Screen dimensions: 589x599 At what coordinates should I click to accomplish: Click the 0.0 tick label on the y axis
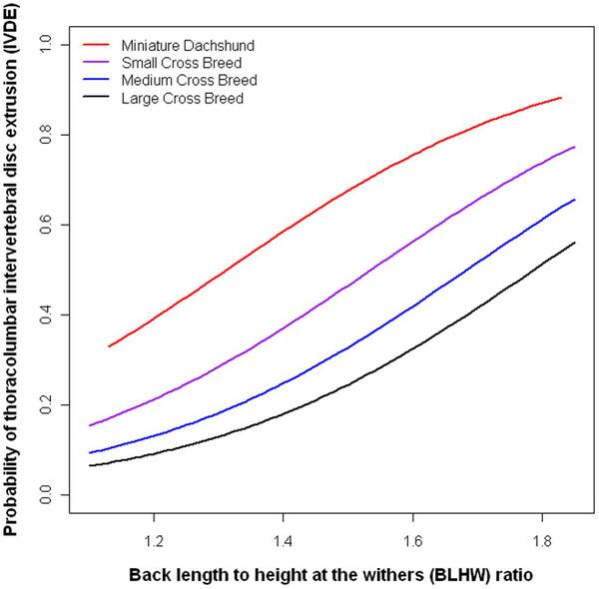tap(45, 495)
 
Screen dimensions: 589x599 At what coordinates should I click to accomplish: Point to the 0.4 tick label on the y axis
tap(45, 314)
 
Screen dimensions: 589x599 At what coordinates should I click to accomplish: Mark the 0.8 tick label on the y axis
tap(45, 135)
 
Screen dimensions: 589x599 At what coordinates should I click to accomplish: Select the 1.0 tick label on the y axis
tap(45, 45)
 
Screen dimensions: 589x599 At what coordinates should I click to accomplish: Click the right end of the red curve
tap(562, 98)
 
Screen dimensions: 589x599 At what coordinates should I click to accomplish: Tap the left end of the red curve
tap(109, 346)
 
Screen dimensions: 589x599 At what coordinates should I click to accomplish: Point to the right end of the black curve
tap(575, 243)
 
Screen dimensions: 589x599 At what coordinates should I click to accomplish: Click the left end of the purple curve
tap(89, 426)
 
